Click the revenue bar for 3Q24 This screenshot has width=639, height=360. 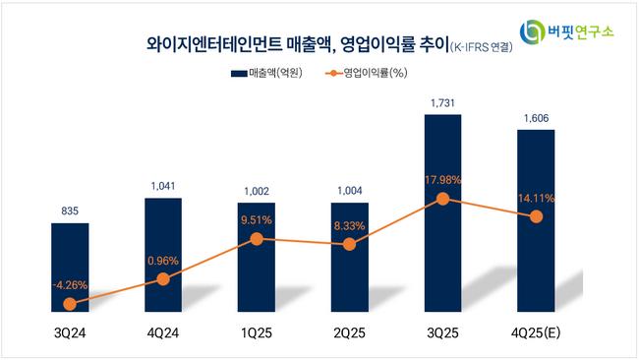70,268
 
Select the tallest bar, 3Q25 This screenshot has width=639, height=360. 443,213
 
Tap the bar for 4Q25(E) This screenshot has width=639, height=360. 536,221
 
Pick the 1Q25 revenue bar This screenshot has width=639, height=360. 257,258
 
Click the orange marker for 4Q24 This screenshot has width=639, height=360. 163,279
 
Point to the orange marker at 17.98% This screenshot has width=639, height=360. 443,199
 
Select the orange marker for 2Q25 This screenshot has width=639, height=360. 349,244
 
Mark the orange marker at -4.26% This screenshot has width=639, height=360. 70,304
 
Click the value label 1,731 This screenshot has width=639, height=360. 442,103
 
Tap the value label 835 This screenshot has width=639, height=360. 70,211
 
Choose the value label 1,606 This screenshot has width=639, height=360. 536,118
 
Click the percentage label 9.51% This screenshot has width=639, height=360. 257,220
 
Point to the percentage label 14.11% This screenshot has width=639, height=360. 537,199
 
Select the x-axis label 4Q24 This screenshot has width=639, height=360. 163,333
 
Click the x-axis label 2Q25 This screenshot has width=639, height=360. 349,333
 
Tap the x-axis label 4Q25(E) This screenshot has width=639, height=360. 536,333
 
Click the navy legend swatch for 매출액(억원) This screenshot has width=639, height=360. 239,74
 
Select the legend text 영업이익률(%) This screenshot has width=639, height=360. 376,73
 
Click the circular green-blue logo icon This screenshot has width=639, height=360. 532,31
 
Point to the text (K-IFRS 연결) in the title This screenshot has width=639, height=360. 482,47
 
